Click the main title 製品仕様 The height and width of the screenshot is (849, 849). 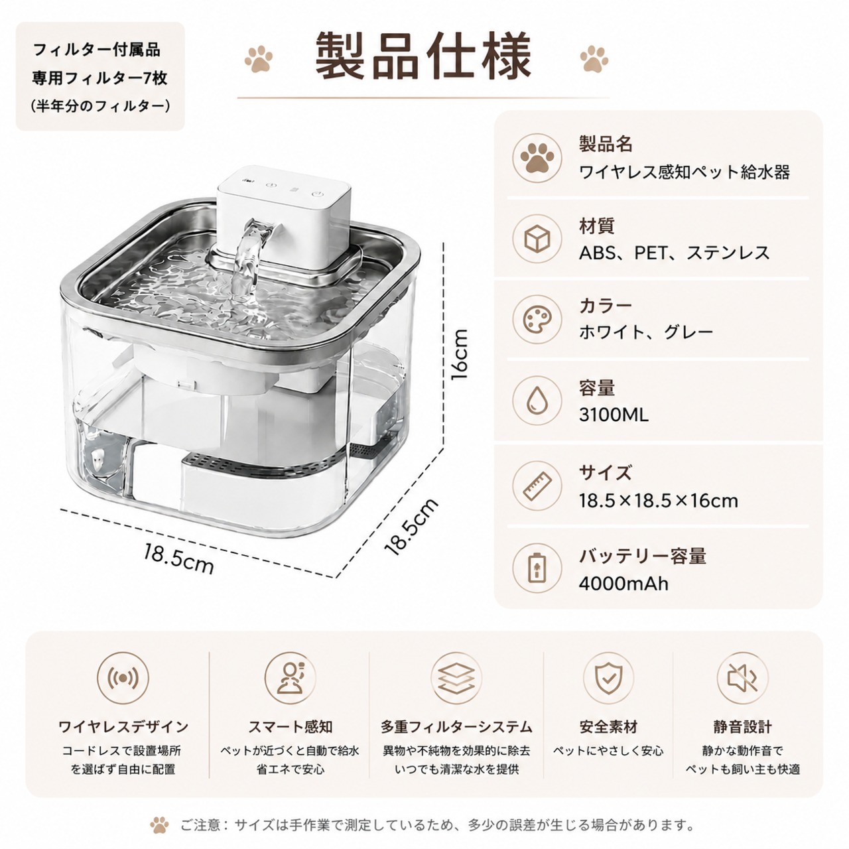[x=423, y=57]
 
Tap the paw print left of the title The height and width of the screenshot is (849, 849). [x=259, y=59]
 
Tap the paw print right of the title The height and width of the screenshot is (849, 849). [x=594, y=58]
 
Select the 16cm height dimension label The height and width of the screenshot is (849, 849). [x=458, y=355]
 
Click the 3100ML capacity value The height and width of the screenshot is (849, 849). [x=614, y=415]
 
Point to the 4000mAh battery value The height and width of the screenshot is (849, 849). [x=623, y=584]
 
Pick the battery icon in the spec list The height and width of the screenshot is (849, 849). [x=537, y=568]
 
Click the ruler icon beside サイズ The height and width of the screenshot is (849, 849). [x=537, y=486]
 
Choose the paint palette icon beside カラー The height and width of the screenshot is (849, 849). [x=537, y=319]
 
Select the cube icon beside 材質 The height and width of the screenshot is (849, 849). [x=537, y=239]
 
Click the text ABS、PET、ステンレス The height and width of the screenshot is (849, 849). [x=674, y=253]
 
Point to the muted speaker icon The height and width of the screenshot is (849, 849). [x=742, y=678]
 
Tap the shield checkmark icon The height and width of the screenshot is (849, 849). [x=608, y=678]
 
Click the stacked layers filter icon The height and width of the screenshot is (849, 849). [x=456, y=678]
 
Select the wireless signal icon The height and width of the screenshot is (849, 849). [x=123, y=678]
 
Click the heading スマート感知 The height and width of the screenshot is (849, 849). [x=290, y=727]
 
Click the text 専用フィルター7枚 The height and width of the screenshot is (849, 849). [x=99, y=79]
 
